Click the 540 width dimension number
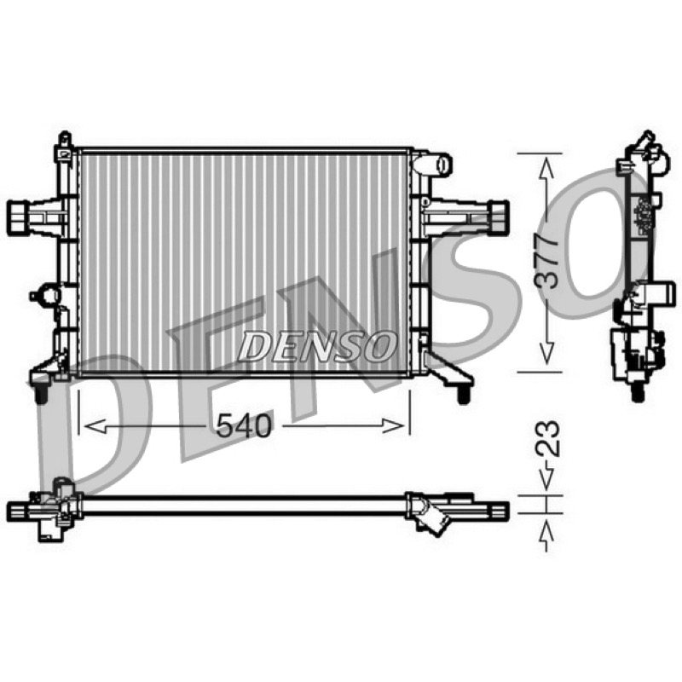click(244, 425)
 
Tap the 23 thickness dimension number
click(546, 438)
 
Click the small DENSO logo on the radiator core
click(317, 346)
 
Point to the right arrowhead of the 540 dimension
click(393, 426)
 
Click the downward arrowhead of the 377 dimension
click(546, 352)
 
